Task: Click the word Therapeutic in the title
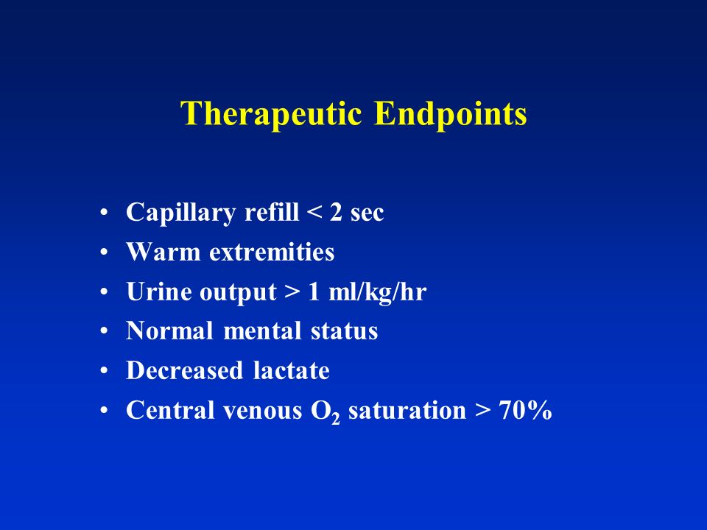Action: (x=271, y=113)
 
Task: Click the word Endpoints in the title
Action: (x=451, y=113)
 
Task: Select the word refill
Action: (x=272, y=211)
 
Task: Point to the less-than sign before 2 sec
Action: (x=314, y=212)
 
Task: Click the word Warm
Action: (x=163, y=252)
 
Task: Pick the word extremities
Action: (x=272, y=252)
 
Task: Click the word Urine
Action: (x=156, y=291)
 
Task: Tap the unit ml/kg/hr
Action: (x=377, y=291)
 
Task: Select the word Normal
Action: (x=169, y=331)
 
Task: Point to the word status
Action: (x=344, y=331)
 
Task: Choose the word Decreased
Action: (x=184, y=370)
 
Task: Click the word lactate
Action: (x=292, y=370)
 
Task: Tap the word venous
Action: (x=262, y=411)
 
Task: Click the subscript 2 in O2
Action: (x=335, y=419)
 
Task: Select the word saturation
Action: (x=407, y=410)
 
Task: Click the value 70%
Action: (x=525, y=410)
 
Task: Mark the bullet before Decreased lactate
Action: (x=104, y=370)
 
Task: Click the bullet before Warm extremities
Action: (x=104, y=252)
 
